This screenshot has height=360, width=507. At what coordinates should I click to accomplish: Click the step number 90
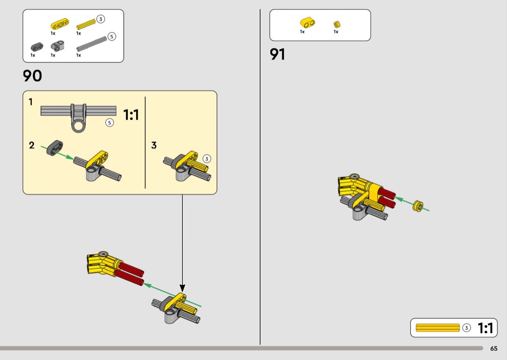[32, 76]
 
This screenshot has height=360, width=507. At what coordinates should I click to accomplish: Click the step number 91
[278, 55]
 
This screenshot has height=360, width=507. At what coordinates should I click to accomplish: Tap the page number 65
[493, 348]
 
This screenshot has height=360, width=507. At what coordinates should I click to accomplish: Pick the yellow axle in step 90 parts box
[85, 24]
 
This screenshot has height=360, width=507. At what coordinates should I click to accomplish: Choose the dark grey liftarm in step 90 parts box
[37, 47]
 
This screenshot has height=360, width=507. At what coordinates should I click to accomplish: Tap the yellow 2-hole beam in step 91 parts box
[307, 22]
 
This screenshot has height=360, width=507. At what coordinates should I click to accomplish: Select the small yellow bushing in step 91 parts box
[337, 24]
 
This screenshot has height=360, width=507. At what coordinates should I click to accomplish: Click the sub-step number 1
[31, 102]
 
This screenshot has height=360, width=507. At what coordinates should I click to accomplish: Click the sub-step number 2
[31, 145]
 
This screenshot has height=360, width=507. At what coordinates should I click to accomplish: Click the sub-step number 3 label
[154, 145]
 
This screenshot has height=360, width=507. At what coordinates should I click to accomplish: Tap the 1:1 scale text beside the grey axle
[131, 115]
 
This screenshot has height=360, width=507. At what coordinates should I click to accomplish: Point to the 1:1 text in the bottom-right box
[485, 328]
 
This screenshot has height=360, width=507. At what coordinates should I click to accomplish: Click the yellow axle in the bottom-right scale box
[437, 328]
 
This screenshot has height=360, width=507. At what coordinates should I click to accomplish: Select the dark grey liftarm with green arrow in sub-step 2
[55, 147]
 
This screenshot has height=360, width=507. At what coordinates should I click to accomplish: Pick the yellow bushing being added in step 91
[418, 206]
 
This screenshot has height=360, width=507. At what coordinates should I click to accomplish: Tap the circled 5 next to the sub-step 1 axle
[110, 123]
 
